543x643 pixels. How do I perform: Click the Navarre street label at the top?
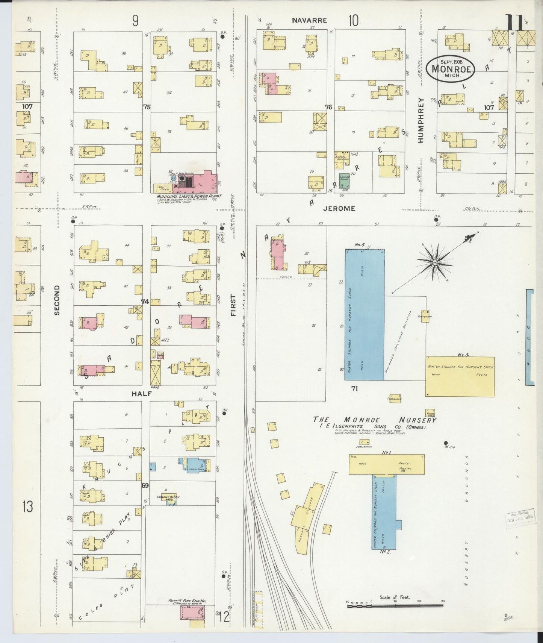309,20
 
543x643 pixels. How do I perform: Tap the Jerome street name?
339,208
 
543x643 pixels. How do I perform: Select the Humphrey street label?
420,120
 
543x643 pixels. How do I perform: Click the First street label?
233,305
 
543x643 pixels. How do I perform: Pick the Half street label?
141,393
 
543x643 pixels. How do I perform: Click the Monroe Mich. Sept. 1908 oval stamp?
451,68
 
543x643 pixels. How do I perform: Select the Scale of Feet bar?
395,606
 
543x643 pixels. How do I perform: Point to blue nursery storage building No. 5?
365,314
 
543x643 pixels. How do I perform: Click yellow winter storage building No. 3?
460,376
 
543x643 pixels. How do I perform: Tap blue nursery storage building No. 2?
384,511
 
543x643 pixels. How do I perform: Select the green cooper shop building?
344,181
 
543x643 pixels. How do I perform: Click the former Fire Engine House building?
193,614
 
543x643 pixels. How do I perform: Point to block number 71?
354,388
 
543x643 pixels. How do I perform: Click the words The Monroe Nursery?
375,420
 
